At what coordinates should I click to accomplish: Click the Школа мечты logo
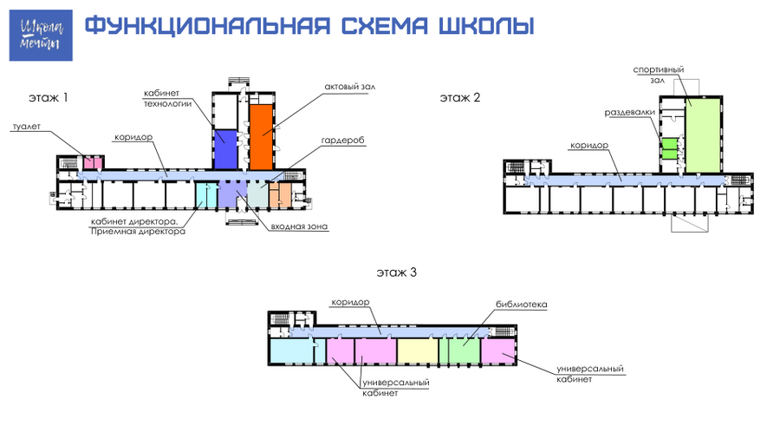click(x=41, y=36)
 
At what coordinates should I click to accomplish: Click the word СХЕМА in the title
click(x=385, y=26)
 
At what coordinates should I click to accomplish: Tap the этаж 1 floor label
click(x=49, y=97)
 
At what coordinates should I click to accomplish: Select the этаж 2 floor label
click(x=460, y=97)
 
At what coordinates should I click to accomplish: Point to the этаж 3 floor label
click(x=396, y=272)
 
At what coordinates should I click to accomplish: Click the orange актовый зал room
click(x=261, y=137)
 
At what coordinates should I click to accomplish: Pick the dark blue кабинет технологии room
click(x=225, y=150)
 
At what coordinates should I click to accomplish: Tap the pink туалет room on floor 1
click(x=93, y=163)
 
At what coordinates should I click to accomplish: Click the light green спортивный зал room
click(x=703, y=135)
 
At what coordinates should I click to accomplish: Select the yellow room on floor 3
click(x=418, y=351)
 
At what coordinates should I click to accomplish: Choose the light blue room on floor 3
click(x=291, y=351)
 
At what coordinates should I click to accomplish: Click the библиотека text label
click(x=522, y=305)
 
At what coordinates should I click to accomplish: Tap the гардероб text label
click(x=342, y=141)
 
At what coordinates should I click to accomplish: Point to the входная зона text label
click(x=299, y=226)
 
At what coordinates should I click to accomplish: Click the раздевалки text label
click(x=630, y=113)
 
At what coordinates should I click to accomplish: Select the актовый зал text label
click(x=350, y=87)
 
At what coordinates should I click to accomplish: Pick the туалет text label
click(x=26, y=127)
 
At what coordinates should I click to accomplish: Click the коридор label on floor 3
click(x=351, y=302)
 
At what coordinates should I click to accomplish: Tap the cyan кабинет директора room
click(x=206, y=195)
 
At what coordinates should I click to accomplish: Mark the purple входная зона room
click(x=232, y=194)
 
